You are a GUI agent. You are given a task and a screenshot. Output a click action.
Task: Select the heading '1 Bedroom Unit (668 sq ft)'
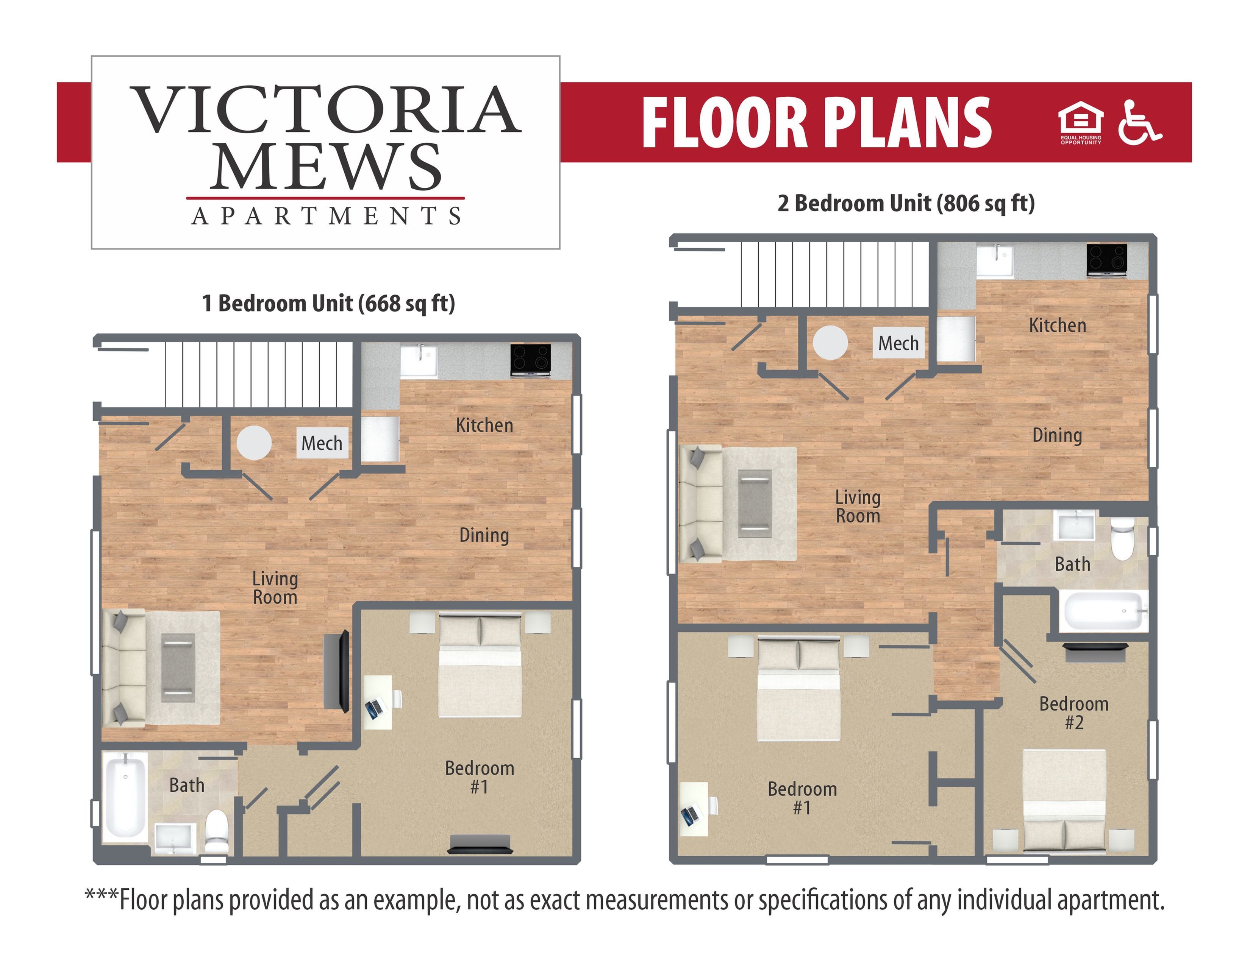pos(328,303)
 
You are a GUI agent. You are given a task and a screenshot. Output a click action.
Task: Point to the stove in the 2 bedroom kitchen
pos(1107,260)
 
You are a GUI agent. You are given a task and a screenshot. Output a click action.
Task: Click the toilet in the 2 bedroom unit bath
pos(1122,539)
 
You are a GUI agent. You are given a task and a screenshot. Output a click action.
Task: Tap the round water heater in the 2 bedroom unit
pos(830,343)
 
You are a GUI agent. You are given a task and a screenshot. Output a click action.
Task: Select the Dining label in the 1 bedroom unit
pos(484,535)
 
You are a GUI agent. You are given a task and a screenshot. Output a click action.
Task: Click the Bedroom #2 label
pos(1074,713)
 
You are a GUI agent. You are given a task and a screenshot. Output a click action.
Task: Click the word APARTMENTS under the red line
pos(326,216)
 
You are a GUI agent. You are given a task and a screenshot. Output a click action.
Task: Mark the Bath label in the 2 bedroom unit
pos(1072,564)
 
